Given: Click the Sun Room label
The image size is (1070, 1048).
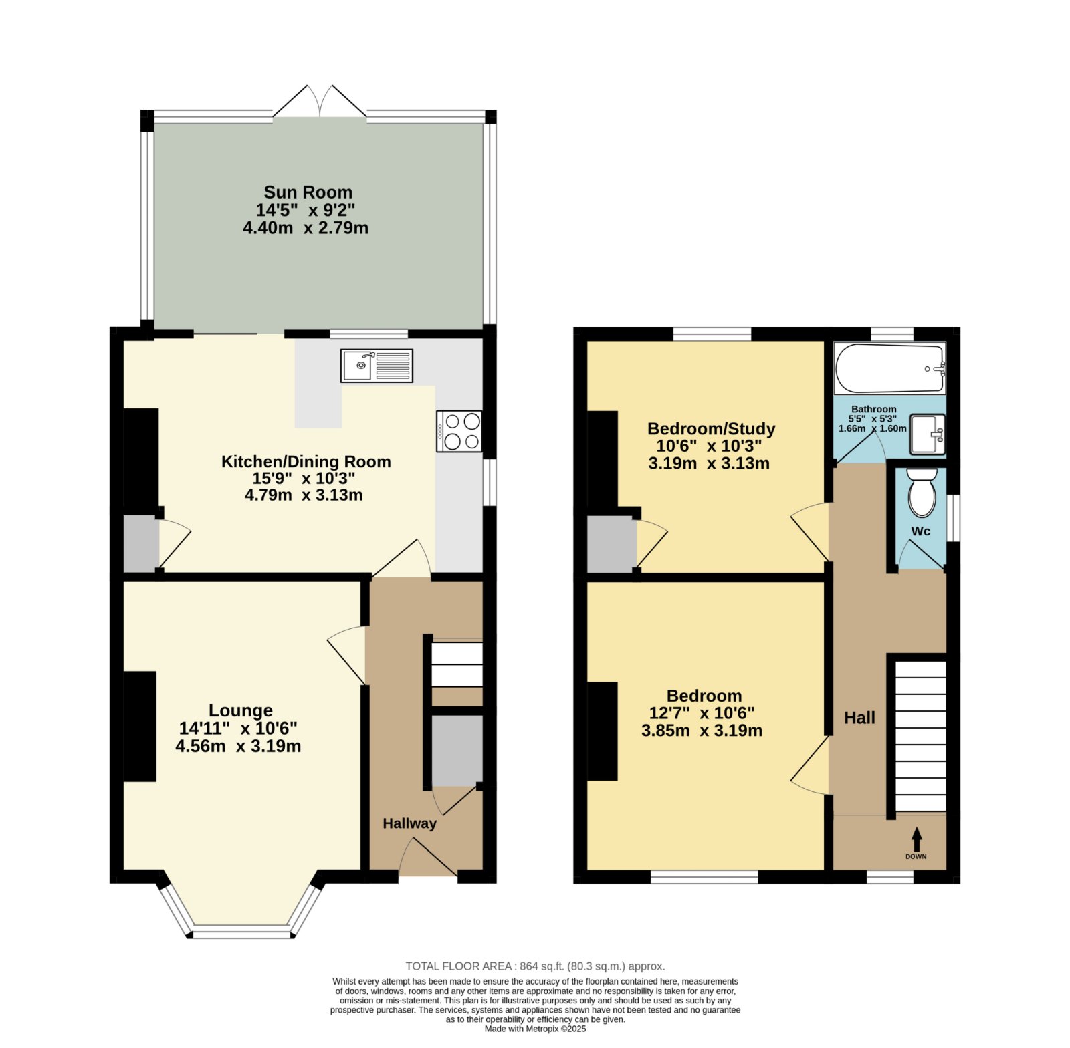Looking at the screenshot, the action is click(308, 192).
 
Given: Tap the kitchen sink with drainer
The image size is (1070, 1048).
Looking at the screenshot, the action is click(377, 366).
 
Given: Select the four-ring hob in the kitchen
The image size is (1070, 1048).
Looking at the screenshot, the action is click(459, 431).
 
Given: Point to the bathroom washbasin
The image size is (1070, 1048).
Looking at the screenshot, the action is click(928, 434).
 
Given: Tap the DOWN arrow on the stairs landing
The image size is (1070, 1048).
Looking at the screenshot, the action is click(916, 839).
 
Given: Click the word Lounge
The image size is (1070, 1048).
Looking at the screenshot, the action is click(241, 710).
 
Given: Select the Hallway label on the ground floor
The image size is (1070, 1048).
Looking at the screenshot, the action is click(409, 824).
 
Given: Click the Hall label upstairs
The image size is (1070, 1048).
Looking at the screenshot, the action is click(859, 718).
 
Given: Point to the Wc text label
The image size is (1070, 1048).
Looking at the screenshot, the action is click(921, 531).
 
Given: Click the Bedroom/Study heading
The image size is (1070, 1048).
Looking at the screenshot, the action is click(712, 428).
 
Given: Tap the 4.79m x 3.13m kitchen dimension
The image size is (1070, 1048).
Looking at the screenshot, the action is click(304, 495).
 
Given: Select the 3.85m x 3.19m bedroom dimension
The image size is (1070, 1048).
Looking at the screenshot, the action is click(702, 731).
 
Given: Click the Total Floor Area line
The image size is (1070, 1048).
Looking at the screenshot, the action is click(535, 966).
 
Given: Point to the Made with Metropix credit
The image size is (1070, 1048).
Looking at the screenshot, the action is click(535, 1029).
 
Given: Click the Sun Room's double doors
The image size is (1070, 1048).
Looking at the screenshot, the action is click(320, 102).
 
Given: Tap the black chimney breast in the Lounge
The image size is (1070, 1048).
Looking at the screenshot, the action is click(140, 727).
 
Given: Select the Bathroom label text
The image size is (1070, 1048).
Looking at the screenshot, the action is click(873, 409).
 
